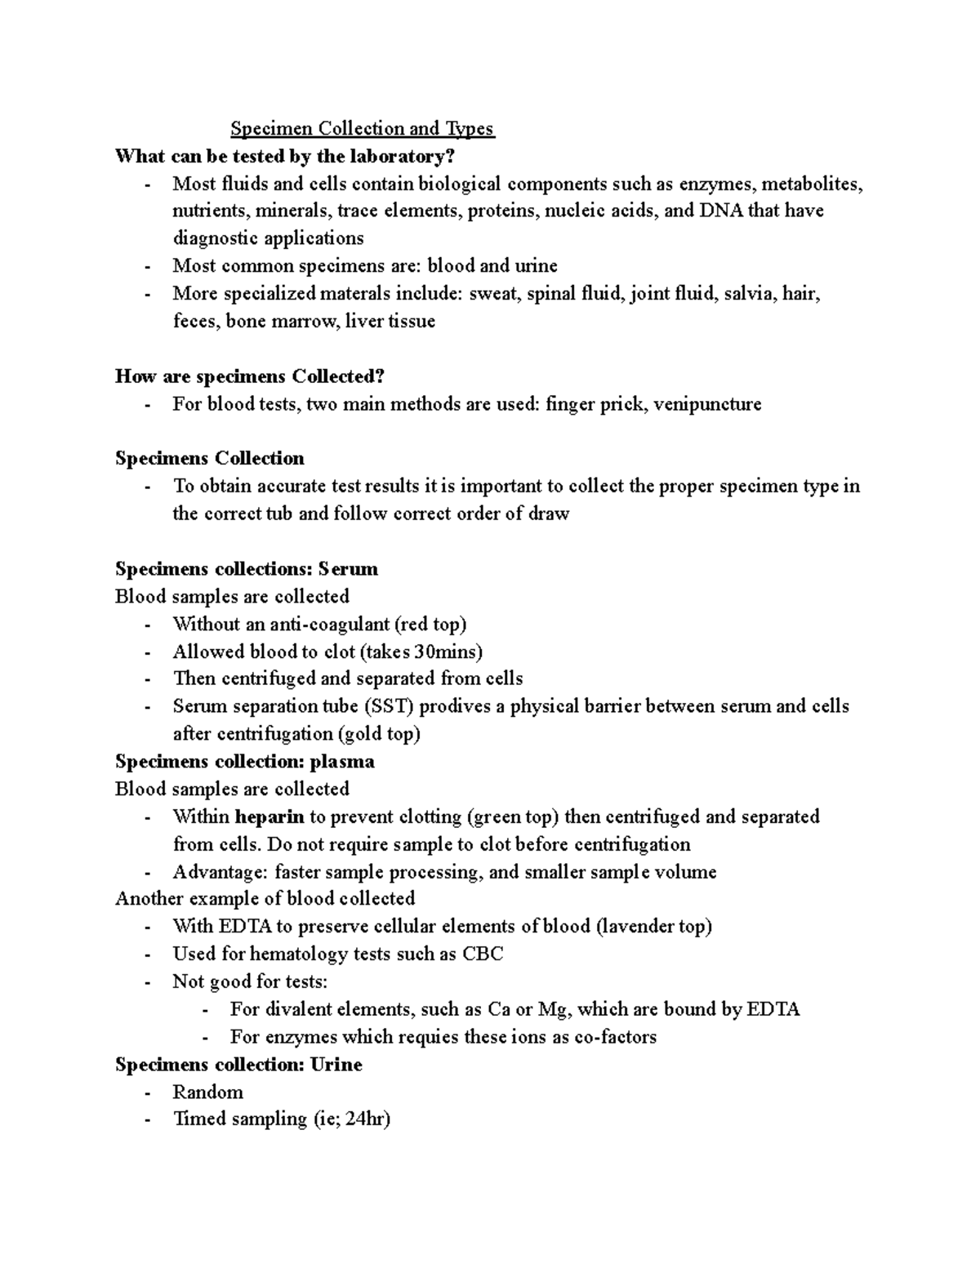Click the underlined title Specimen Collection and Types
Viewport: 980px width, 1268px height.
[x=362, y=129]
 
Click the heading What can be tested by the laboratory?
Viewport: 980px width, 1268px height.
[x=284, y=156]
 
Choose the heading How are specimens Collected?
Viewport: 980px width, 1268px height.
[x=249, y=376]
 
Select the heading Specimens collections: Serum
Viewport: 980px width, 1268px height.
[x=246, y=568]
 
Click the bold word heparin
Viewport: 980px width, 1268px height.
[x=269, y=816]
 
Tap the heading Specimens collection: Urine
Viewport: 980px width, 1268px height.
[x=238, y=1065]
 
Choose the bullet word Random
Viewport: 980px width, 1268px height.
[x=207, y=1092]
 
